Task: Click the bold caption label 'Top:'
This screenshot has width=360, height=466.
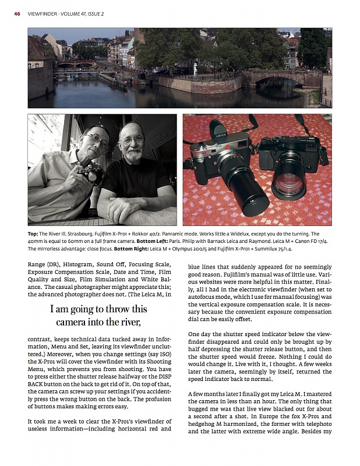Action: pyautogui.click(x=34, y=233)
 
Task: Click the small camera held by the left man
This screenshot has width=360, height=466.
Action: pyautogui.click(x=93, y=172)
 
